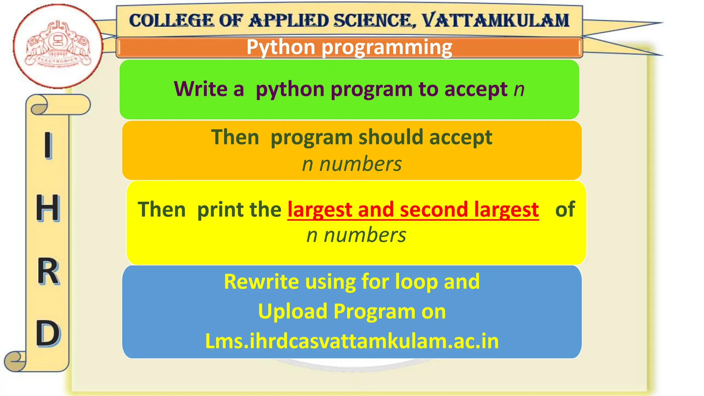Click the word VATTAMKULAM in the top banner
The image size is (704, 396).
(x=495, y=21)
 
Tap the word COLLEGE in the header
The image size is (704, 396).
(x=171, y=21)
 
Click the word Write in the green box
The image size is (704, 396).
(x=200, y=89)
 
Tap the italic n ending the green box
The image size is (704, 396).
(x=519, y=90)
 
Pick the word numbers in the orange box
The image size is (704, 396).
(x=361, y=164)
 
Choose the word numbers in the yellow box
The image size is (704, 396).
(x=365, y=235)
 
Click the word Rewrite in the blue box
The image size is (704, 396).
(x=261, y=282)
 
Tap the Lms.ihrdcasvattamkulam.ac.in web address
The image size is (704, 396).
(x=352, y=341)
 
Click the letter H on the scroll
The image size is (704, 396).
(x=48, y=208)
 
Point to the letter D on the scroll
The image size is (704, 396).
(x=48, y=333)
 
